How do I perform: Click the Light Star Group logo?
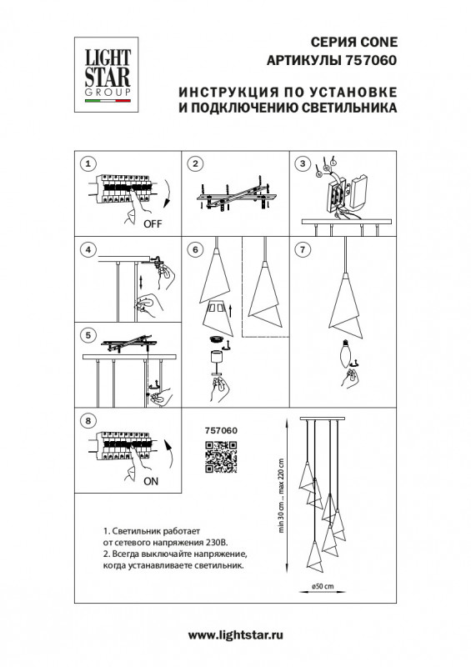(107, 74)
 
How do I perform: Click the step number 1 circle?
(88, 163)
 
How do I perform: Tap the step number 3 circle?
(303, 163)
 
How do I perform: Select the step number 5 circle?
(88, 335)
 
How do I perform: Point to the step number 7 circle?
(303, 249)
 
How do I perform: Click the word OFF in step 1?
(153, 223)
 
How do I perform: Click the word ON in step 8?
(151, 482)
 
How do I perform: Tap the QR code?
(221, 457)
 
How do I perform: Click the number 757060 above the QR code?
(221, 430)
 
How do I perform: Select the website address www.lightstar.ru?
(236, 635)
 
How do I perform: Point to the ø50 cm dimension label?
(323, 586)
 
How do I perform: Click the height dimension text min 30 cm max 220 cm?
(281, 496)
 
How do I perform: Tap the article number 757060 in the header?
(369, 60)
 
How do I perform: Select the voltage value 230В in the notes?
(217, 543)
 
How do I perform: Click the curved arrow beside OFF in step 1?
(167, 194)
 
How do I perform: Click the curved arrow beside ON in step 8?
(169, 454)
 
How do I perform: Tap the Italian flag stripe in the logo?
(108, 101)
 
